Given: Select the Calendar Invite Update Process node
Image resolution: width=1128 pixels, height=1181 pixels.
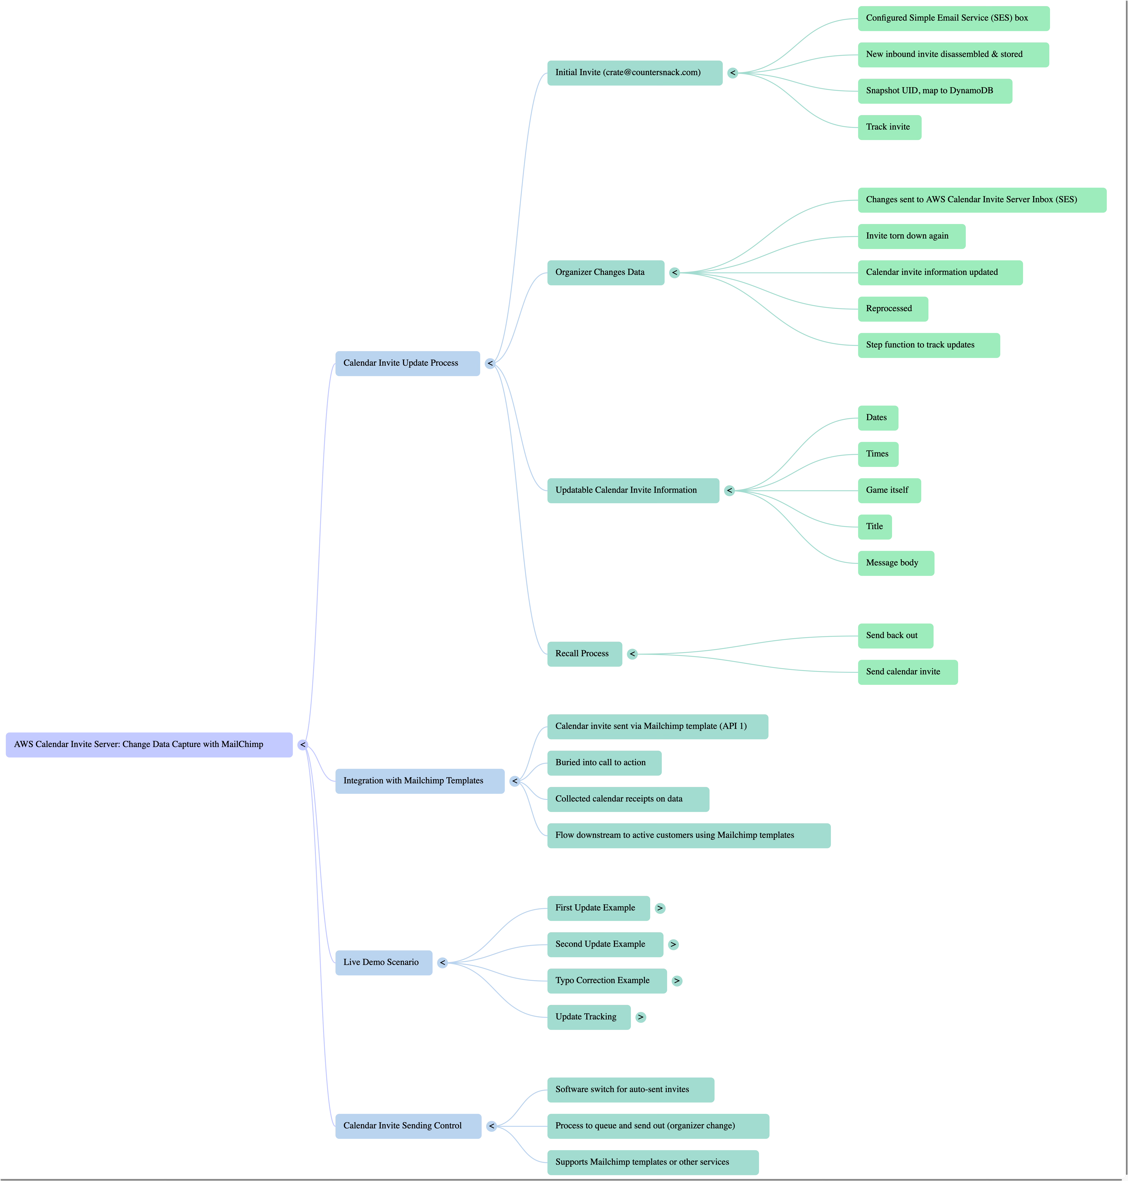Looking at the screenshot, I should (407, 363).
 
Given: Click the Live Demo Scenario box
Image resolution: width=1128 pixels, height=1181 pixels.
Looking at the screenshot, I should (383, 963).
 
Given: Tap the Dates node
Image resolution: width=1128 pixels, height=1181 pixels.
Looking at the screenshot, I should (877, 418).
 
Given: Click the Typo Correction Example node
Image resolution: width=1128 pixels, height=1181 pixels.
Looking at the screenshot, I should (606, 981).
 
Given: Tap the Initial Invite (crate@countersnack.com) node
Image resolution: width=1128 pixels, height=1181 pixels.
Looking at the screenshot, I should (634, 73).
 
